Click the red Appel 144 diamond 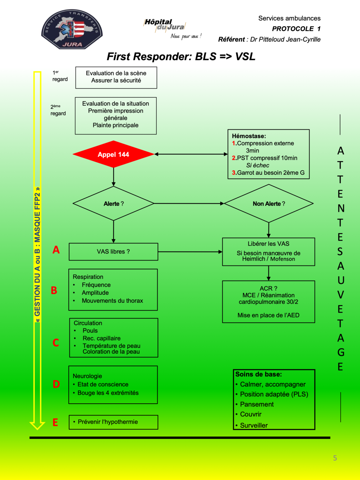click(113, 154)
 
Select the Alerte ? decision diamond click(113, 204)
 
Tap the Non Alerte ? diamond click(269, 204)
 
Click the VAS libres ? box click(113, 252)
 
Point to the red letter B click(54, 290)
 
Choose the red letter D click(56, 384)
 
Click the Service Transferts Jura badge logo click(72, 29)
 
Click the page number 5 click(335, 458)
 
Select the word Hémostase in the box click(249, 136)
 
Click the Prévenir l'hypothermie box click(113, 422)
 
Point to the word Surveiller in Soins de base click(254, 425)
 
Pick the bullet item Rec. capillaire click(101, 338)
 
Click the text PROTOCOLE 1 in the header click(296, 29)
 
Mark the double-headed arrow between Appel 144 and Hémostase click(191, 154)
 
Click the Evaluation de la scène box click(116, 77)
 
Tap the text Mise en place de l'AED click(268, 315)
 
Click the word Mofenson click(283, 259)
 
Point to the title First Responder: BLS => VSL click(181, 57)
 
